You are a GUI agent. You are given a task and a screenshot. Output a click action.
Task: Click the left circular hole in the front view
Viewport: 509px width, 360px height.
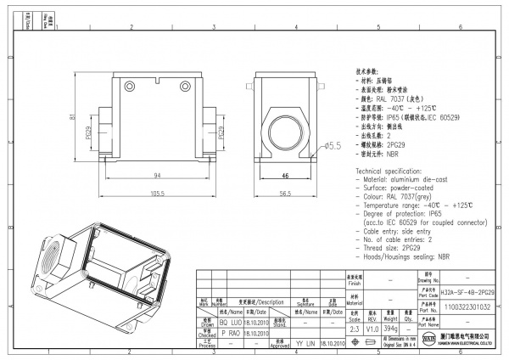point(131,84)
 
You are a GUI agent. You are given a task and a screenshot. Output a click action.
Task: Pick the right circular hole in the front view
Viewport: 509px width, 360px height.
point(185,84)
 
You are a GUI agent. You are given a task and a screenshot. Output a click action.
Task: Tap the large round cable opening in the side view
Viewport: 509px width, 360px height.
point(286,128)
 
